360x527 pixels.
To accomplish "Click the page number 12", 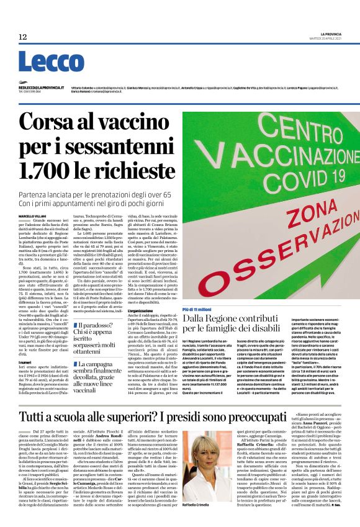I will pos(23,37).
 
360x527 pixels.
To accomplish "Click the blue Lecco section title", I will pos(43,62).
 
